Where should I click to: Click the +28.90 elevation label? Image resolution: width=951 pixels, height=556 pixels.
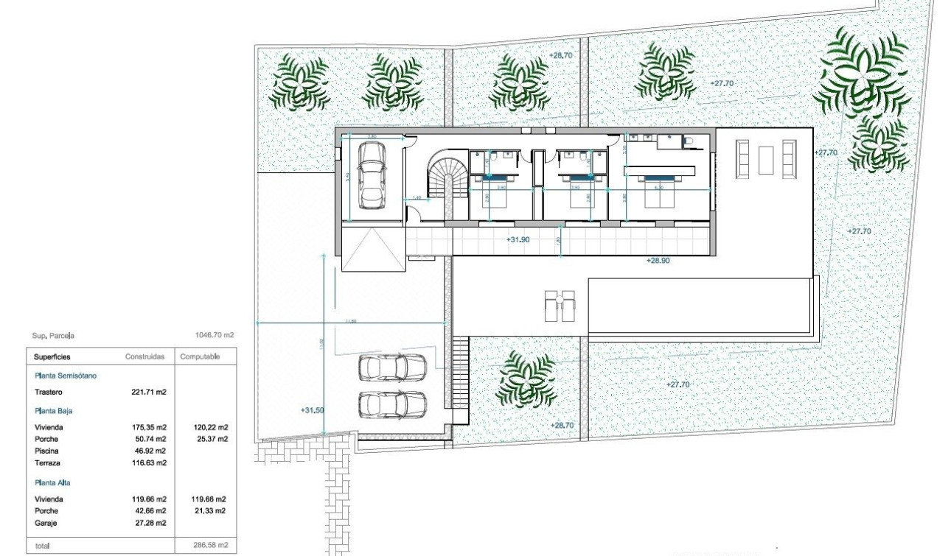pos(658,261)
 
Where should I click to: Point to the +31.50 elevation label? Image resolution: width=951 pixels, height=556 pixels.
pos(313,411)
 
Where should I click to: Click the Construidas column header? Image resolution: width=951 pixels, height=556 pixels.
pos(144,356)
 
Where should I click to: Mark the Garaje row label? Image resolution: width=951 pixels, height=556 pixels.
pos(46,523)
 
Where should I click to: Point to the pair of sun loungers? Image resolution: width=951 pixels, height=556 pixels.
pos(558,306)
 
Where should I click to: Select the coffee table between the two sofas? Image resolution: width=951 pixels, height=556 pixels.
pos(767,158)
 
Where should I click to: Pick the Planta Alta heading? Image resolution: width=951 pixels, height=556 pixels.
pos(52,482)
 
